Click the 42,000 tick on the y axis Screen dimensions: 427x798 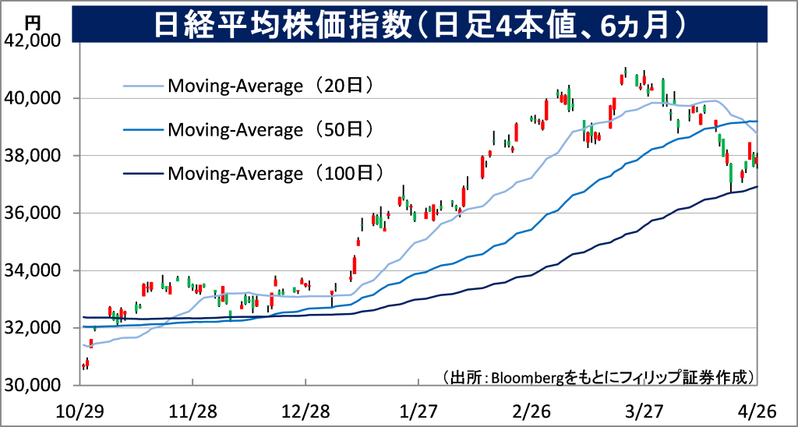coord(38,41)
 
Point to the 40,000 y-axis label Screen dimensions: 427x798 coord(38,98)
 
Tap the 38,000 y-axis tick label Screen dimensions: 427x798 coord(38,156)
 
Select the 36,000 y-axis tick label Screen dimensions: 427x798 coord(38,213)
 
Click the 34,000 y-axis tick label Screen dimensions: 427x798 coord(38,271)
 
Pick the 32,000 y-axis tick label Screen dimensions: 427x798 coord(38,328)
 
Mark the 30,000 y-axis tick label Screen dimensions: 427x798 coord(38,386)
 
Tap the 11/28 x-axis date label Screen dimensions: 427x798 coord(192,410)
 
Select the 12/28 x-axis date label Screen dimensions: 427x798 coord(305,410)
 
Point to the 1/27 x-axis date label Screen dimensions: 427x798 coord(419,410)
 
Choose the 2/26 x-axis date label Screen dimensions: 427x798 coord(532,410)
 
